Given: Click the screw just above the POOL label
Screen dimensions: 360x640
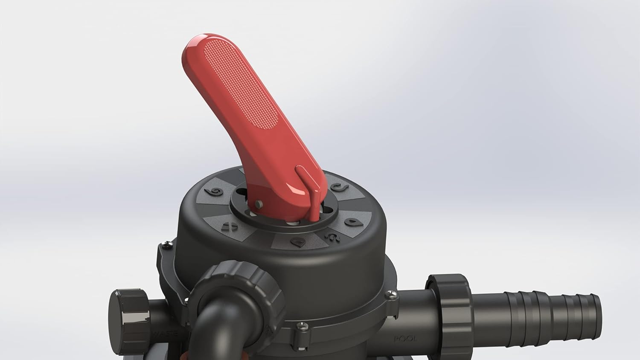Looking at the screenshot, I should pos(390,294).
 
